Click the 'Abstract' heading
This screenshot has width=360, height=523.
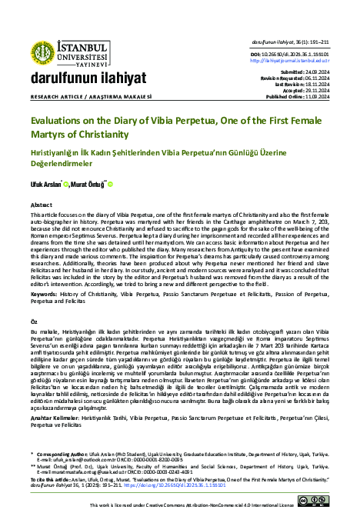(42, 206)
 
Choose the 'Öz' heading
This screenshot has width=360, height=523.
(33, 326)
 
